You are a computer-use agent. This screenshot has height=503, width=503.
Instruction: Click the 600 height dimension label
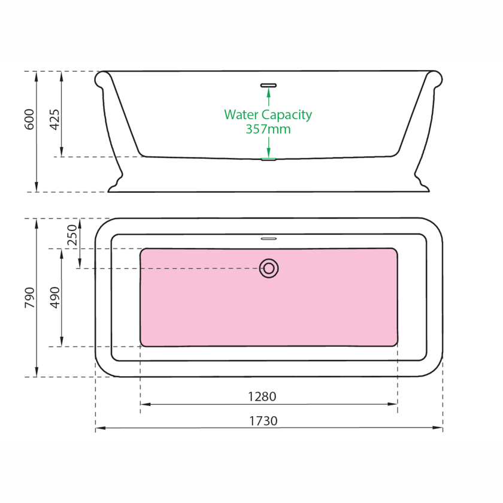[29, 119]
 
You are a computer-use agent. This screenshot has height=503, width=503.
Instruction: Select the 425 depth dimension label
[54, 120]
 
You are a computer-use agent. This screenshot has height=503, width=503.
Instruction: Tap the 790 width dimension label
[29, 298]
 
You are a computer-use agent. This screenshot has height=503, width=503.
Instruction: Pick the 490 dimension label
[55, 298]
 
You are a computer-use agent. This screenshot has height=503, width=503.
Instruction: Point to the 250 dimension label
[72, 235]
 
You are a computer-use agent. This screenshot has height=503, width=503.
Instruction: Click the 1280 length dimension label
[262, 396]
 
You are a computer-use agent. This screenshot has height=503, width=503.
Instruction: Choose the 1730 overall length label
[263, 421]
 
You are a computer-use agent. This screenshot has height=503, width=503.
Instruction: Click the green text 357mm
[268, 129]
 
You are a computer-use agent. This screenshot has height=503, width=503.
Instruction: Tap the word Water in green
[241, 114]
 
